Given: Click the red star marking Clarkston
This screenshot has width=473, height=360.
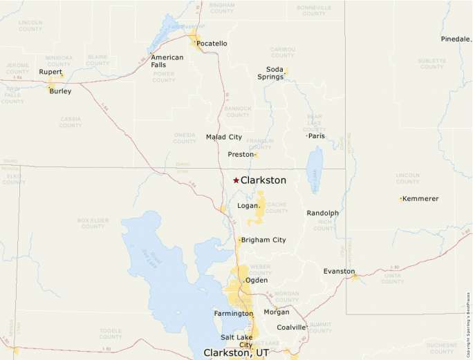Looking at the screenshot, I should (236, 180).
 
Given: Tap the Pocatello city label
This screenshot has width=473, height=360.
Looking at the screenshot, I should (212, 44).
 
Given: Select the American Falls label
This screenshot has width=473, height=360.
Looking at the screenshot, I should (167, 61).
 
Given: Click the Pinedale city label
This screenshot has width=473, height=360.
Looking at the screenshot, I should (455, 39).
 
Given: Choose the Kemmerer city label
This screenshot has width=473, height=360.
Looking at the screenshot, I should (420, 199).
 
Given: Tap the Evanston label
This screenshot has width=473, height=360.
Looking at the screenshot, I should (339, 272).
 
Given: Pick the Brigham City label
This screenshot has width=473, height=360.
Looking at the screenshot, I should (263, 240).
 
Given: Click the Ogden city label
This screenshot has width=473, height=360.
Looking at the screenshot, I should (257, 281).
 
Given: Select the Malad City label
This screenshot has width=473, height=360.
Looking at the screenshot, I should (224, 137).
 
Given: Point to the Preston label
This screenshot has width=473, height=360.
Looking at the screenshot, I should (241, 155).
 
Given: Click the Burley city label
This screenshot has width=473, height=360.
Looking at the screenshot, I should (60, 91).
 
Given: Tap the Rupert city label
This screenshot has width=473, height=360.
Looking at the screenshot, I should (50, 72).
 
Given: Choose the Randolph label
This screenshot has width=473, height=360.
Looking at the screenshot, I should (323, 214).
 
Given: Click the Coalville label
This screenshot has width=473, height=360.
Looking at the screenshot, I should (290, 328).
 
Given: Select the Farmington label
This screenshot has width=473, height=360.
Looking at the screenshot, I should (234, 314).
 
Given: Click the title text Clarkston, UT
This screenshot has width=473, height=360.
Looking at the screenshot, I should (236, 352).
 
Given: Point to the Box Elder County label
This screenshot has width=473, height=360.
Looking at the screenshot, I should (93, 223).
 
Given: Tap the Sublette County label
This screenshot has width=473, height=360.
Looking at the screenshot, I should (432, 64).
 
